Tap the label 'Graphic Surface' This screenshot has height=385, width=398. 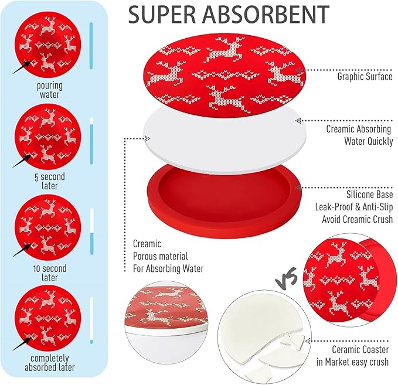(x=365, y=76)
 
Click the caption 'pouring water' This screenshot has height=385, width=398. (x=49, y=90)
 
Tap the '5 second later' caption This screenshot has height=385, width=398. (x=50, y=181)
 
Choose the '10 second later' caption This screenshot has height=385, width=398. (x=50, y=272)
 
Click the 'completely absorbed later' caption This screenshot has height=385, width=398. (x=50, y=363)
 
